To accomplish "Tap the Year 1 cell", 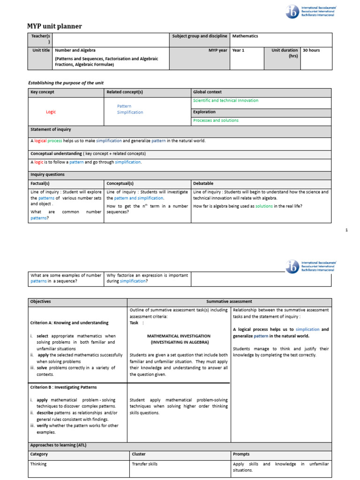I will pyautogui.click(x=238, y=50).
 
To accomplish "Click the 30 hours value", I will pyautogui.click(x=311, y=50).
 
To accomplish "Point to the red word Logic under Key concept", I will pyautogui.click(x=51, y=112).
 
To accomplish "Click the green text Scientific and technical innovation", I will pyautogui.click(x=225, y=101).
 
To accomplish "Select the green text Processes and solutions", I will pyautogui.click(x=216, y=120).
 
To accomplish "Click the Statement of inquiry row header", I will pyautogui.click(x=51, y=129).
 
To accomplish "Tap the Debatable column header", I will pyautogui.click(x=203, y=183).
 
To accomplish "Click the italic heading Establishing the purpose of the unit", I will pyautogui.click(x=66, y=83).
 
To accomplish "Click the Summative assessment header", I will pyautogui.click(x=229, y=301).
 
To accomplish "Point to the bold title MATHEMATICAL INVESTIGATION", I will pyautogui.click(x=179, y=336).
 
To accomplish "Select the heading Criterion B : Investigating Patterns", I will pyautogui.click(x=63, y=387).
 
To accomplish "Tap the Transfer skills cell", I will pyautogui.click(x=144, y=464).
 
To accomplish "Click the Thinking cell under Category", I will pyautogui.click(x=38, y=464).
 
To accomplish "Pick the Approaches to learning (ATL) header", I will pyautogui.click(x=58, y=445).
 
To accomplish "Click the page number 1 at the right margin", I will pyautogui.click(x=346, y=230).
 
